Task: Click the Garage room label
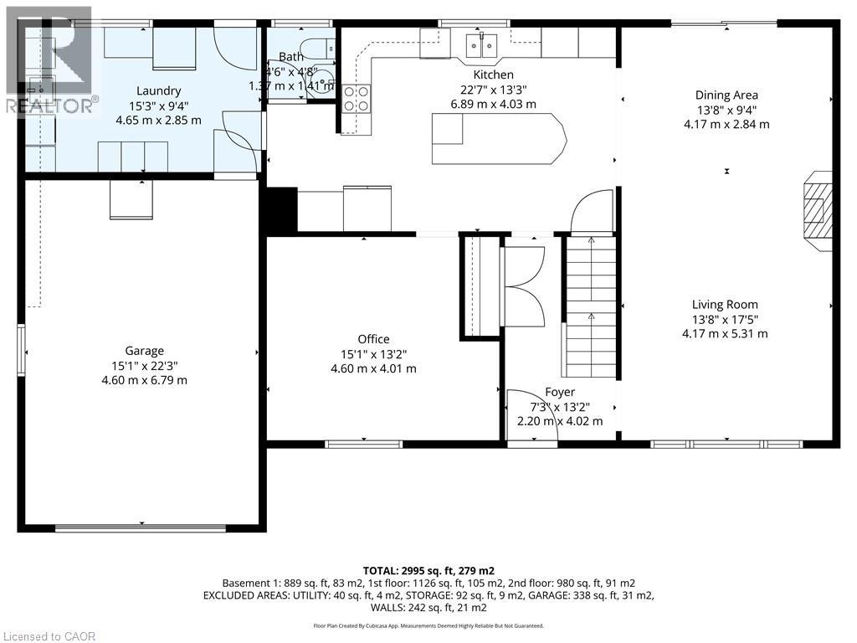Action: click(144, 351)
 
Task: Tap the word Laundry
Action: click(158, 91)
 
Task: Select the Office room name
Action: click(374, 340)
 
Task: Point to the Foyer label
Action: click(560, 393)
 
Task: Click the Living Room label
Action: click(725, 305)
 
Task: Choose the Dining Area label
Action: click(726, 95)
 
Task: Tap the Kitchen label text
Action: click(494, 75)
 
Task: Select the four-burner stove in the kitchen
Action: click(357, 99)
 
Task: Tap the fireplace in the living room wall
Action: click(817, 210)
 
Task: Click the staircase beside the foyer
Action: click(591, 306)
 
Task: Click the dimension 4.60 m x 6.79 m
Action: click(144, 380)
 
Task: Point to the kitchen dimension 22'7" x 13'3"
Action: click(494, 90)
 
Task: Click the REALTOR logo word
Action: click(53, 106)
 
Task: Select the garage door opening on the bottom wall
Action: click(141, 528)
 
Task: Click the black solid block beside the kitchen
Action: click(281, 211)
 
